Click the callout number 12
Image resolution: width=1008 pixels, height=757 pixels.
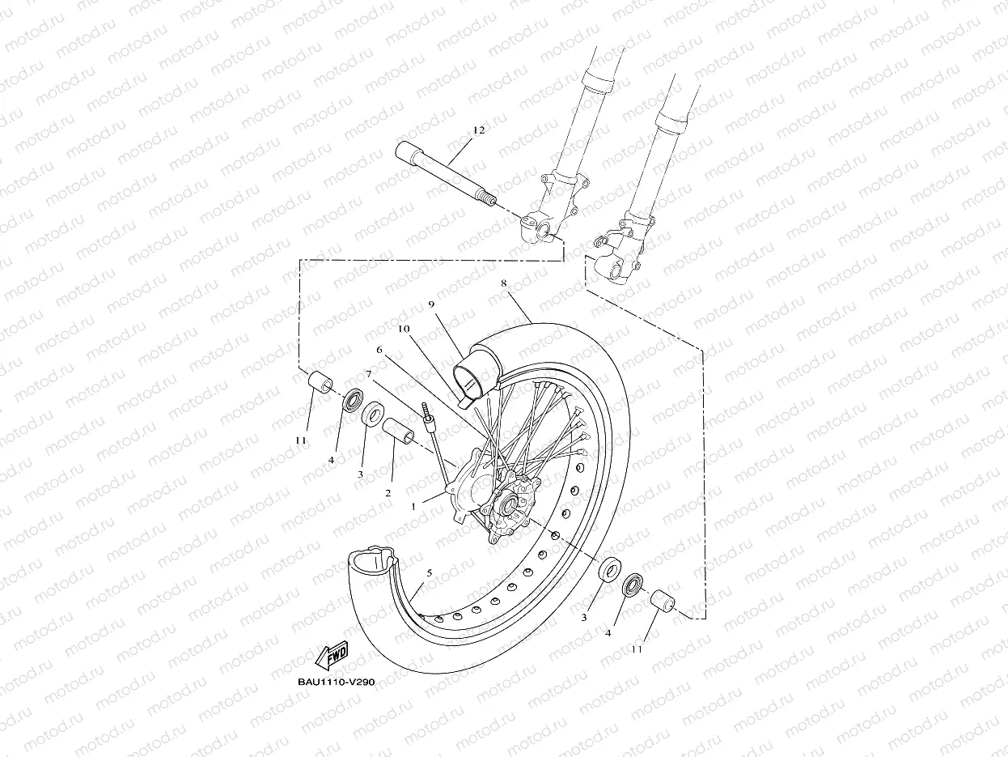tap(478, 130)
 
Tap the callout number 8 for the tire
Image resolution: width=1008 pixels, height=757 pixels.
tap(503, 283)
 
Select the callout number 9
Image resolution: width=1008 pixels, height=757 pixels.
tap(432, 304)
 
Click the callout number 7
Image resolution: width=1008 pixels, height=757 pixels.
tap(368, 375)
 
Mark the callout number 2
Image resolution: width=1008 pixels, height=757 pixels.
tap(388, 492)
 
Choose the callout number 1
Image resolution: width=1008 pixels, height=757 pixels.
tap(413, 506)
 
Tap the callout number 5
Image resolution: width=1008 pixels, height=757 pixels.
tap(429, 572)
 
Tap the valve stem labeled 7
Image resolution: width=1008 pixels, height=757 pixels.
tap(428, 419)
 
